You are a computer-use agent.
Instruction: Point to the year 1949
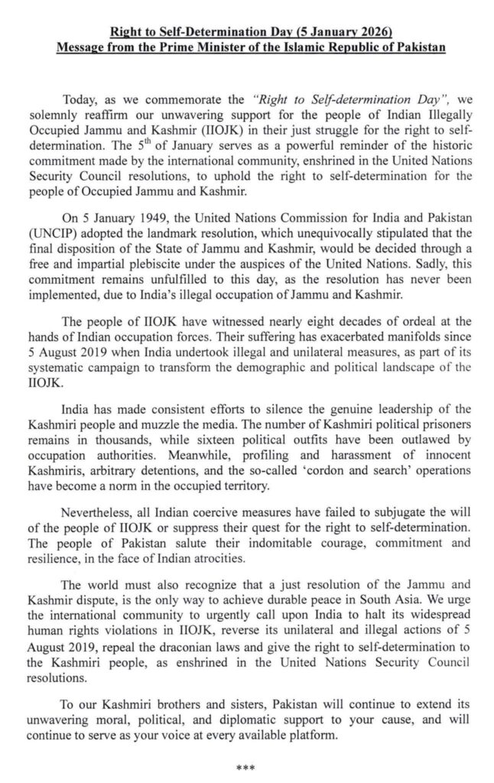(126, 195)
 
